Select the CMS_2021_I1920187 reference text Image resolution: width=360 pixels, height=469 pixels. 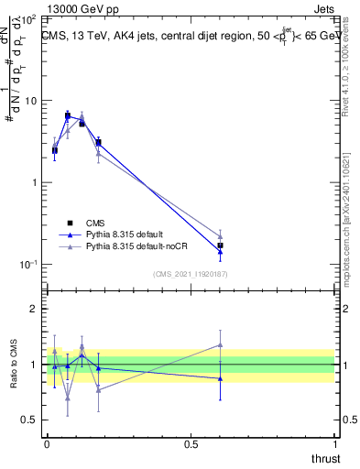pos(190,274)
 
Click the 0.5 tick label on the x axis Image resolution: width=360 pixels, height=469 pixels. pos(191,443)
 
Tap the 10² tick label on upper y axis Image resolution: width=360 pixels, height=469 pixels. pos(27,19)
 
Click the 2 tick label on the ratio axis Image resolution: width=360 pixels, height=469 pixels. pos(32,309)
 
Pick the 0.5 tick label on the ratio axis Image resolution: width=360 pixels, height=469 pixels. pos(27,420)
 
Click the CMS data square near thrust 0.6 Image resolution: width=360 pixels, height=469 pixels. pos(220,245)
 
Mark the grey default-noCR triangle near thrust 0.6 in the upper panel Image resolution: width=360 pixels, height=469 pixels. pos(220,236)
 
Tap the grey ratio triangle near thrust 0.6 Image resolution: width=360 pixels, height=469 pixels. pos(220,344)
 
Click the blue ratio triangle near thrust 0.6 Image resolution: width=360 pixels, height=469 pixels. pos(220,378)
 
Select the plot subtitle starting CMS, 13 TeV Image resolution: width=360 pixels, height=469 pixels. pos(188,36)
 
